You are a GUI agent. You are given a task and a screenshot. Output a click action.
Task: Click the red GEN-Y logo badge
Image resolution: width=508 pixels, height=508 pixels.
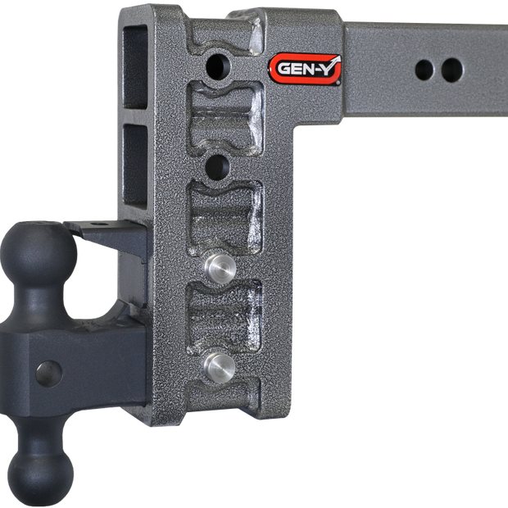click(x=305, y=69)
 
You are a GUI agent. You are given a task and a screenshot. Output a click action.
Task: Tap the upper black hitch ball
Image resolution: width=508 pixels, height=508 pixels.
click(x=39, y=252)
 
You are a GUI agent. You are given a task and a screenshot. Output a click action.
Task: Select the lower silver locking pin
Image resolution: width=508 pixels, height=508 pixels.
click(x=220, y=368)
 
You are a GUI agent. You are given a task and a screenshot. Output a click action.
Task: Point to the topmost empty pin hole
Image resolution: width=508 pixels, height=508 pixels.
click(x=219, y=66)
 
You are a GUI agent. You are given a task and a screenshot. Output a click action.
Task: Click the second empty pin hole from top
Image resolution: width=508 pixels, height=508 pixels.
click(x=217, y=167)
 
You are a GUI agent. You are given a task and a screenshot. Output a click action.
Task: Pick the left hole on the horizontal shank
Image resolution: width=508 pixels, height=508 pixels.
click(x=424, y=70)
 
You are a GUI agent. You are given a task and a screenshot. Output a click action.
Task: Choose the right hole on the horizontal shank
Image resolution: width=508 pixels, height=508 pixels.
click(x=451, y=70)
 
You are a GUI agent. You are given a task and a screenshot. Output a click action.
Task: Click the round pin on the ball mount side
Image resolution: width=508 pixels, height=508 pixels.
click(x=49, y=374)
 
